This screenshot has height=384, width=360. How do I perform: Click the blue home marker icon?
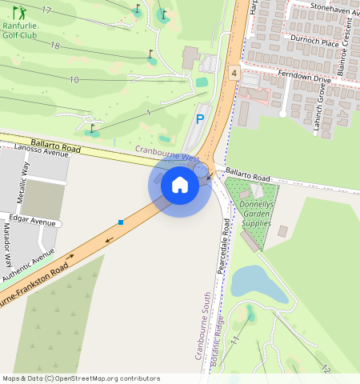(180, 185)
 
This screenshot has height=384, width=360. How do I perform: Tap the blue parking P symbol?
(199, 119)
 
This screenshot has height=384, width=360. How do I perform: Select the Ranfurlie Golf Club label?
(20, 30)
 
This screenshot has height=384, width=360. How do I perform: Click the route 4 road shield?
(234, 73)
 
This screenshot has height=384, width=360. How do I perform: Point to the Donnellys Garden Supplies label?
(256, 214)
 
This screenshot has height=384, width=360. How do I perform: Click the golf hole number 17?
(46, 10)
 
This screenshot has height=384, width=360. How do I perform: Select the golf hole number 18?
(54, 46)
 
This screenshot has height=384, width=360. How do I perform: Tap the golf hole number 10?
(74, 80)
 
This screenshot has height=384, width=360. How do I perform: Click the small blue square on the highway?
(121, 222)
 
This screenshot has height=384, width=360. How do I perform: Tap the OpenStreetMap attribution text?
(80, 378)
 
